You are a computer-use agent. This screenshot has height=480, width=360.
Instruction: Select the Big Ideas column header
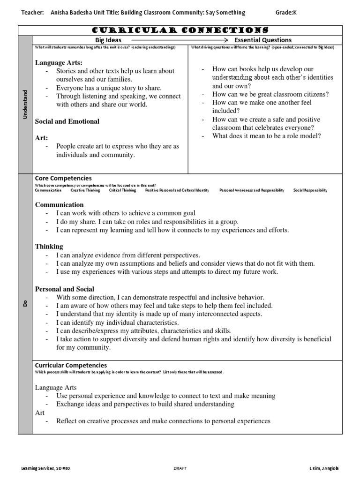[108, 40]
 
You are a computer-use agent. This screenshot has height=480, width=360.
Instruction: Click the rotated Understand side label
[25, 104]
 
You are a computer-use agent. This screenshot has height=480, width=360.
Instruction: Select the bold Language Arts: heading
[59, 62]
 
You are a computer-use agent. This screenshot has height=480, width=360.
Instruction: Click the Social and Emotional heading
[67, 121]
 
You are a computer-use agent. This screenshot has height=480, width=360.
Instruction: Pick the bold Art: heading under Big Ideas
[42, 138]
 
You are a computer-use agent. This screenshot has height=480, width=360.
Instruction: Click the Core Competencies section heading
[63, 179]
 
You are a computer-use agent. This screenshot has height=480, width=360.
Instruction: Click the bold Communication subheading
[60, 205]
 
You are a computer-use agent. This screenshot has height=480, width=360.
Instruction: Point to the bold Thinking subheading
[49, 247]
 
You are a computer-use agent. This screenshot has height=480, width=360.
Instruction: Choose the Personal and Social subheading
[65, 289]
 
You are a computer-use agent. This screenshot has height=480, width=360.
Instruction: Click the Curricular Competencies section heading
[71, 365]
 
